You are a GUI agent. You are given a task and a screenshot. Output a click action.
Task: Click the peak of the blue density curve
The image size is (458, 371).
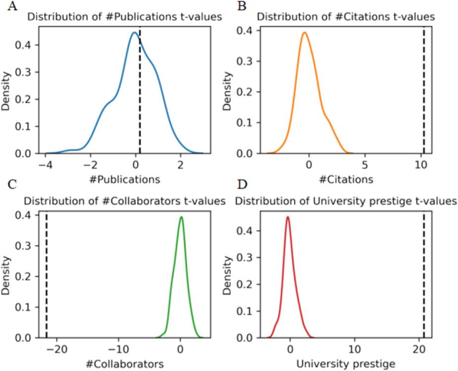coord(134,33)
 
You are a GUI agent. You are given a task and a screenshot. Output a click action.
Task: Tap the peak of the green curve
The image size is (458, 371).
coord(181,217)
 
